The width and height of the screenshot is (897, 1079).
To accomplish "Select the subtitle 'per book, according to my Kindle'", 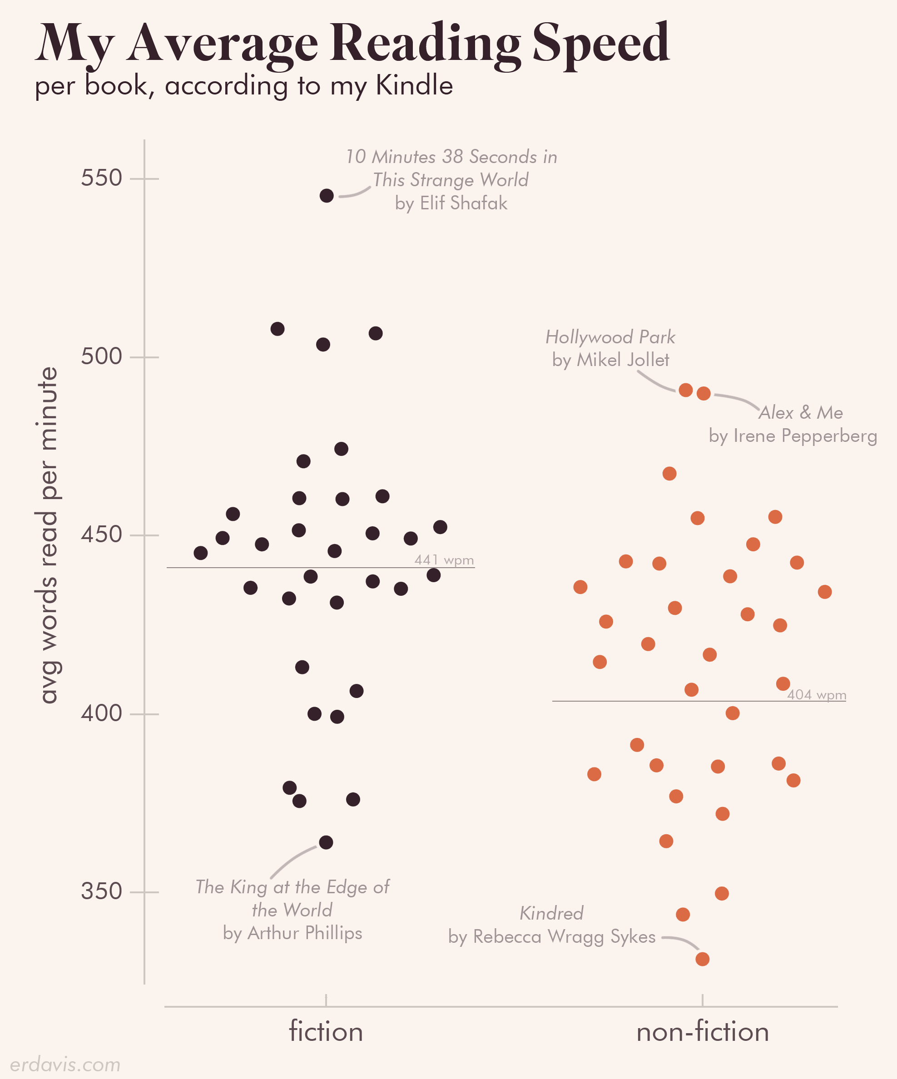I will pyautogui.click(x=243, y=85).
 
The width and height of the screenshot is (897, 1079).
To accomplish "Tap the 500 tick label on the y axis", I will pyautogui.click(x=101, y=356).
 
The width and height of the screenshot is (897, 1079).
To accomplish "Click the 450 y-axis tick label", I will pyautogui.click(x=101, y=535).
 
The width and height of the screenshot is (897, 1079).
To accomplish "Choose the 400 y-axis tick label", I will pyautogui.click(x=101, y=713).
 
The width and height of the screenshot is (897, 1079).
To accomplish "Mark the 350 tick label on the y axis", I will pyautogui.click(x=101, y=891).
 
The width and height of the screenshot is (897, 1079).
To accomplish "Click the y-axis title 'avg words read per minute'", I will pyautogui.click(x=49, y=535).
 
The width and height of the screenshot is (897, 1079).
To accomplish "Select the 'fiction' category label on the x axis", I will pyautogui.click(x=326, y=1032).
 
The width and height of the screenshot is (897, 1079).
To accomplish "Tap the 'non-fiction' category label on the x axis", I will pyautogui.click(x=702, y=1032).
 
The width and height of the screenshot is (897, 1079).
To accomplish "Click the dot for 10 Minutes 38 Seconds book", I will pyautogui.click(x=327, y=195).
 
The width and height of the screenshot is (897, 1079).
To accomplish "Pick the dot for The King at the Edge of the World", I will pyautogui.click(x=326, y=842).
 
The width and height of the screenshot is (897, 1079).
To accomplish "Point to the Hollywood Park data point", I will pyautogui.click(x=685, y=390).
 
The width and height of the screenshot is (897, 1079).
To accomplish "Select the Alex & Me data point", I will pyautogui.click(x=704, y=394).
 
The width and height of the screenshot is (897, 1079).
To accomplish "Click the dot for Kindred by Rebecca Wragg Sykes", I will pyautogui.click(x=702, y=959).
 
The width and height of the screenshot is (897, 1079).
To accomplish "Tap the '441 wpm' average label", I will pyautogui.click(x=444, y=559).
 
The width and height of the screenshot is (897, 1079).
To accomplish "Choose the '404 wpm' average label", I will pyautogui.click(x=816, y=695).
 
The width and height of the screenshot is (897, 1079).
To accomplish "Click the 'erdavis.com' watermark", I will pyautogui.click(x=65, y=1064).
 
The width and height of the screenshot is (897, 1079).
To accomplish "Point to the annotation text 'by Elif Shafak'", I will pyautogui.click(x=451, y=203).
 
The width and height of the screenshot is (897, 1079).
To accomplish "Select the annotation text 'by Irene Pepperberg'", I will pyautogui.click(x=793, y=436).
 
